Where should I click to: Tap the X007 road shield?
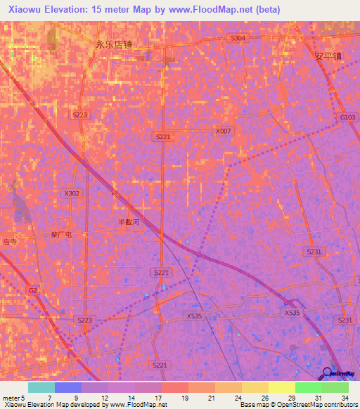[x=223, y=131]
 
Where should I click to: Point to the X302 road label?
[x=72, y=193]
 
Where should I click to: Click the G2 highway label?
[x=33, y=290]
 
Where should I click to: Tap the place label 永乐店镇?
[x=114, y=44]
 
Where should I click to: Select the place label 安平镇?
[x=328, y=56]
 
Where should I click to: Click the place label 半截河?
[x=129, y=221]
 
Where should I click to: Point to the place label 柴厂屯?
[x=62, y=235]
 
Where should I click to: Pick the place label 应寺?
[x=8, y=240]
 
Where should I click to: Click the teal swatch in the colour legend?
[x=41, y=387]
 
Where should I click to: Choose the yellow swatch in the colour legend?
[x=281, y=387]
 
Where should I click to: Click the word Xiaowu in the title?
[x=27, y=10]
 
